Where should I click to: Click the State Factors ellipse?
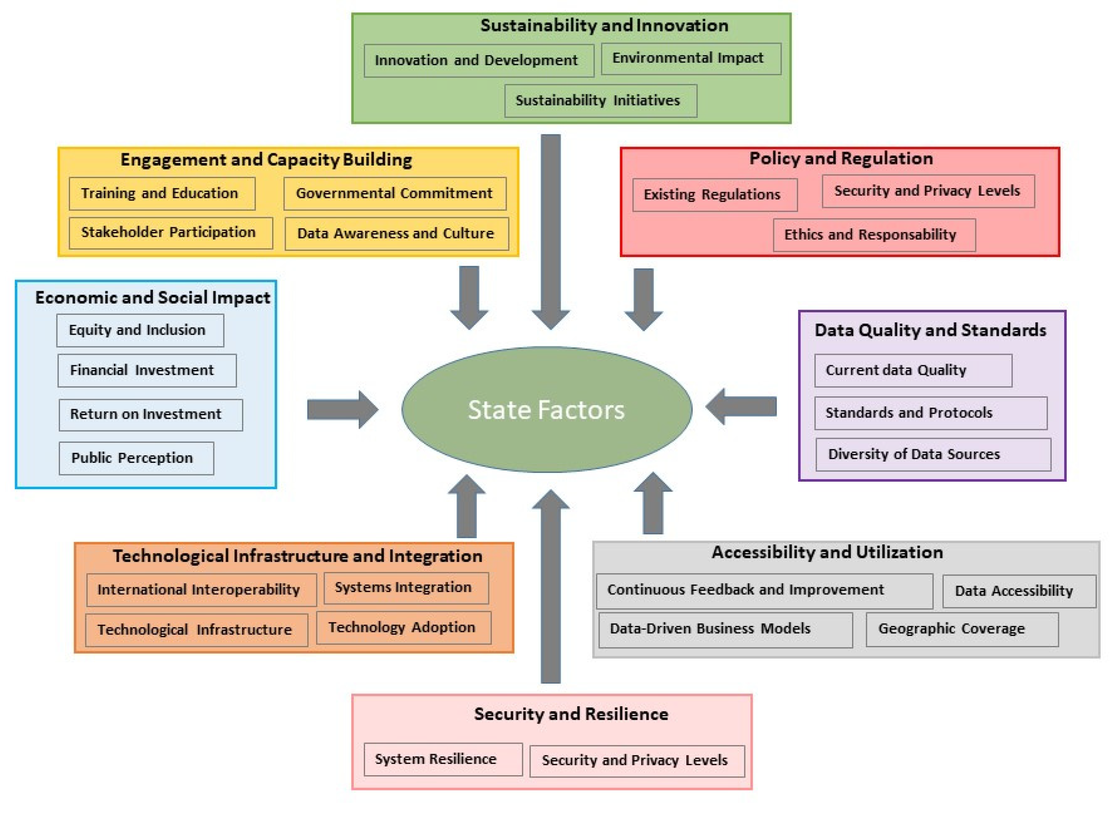click(546, 410)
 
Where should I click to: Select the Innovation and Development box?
click(478, 61)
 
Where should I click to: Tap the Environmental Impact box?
click(690, 59)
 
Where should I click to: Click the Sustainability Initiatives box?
click(600, 101)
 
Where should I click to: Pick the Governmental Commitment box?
click(394, 194)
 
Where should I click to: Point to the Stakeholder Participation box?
click(170, 233)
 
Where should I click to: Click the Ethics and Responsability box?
click(873, 235)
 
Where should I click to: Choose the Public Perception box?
click(136, 458)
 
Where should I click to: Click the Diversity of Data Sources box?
click(932, 454)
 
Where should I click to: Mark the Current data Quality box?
click(912, 370)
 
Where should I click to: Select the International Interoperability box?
click(201, 590)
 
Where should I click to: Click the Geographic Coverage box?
click(961, 629)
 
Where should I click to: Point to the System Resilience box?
click(442, 759)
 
